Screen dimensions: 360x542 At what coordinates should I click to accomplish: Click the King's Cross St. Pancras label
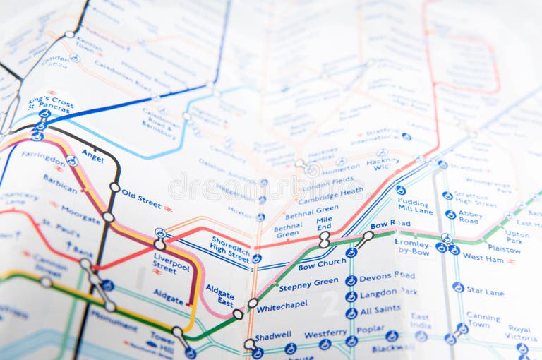(50, 103)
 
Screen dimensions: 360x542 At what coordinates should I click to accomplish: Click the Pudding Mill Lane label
(415, 205)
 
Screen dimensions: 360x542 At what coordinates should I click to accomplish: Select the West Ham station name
(483, 258)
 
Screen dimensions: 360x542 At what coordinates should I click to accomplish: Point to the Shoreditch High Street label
(231, 248)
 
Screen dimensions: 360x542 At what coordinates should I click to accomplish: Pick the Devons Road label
(387, 276)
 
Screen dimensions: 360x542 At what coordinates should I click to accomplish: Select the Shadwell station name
(273, 336)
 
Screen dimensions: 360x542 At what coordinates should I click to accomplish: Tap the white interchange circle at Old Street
(114, 187)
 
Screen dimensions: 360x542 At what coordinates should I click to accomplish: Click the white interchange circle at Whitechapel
(253, 304)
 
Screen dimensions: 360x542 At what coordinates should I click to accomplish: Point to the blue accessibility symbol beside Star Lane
(458, 287)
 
